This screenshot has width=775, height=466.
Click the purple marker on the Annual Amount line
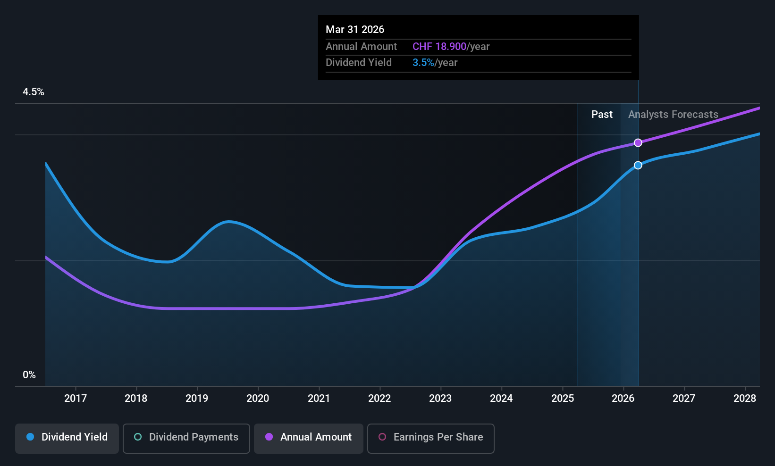coord(638,142)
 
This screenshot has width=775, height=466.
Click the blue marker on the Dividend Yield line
coord(638,165)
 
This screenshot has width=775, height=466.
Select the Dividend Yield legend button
coord(67,437)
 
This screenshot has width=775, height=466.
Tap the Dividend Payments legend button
coord(186,437)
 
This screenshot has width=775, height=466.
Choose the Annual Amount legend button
coord(309,437)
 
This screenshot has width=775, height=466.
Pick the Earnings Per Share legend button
coord(430,437)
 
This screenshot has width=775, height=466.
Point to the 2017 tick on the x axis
coord(76,398)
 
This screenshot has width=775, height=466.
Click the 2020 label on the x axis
coord(258,398)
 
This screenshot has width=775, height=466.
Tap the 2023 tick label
coord(440,398)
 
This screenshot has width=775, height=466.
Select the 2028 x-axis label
coord(744,398)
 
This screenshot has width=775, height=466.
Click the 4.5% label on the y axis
coord(34,92)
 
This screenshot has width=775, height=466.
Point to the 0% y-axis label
coord(29,375)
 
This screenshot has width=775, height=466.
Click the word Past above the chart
coord(602,115)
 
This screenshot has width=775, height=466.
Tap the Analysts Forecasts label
coord(673,115)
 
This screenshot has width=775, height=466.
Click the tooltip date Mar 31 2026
coord(355,29)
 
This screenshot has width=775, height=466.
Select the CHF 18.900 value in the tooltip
coord(439,47)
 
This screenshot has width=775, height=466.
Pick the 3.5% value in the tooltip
coord(423,63)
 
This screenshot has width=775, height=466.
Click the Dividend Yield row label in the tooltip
coord(359,63)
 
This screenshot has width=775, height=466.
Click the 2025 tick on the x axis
coord(563,398)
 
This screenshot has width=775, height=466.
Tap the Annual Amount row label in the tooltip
coord(361,47)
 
